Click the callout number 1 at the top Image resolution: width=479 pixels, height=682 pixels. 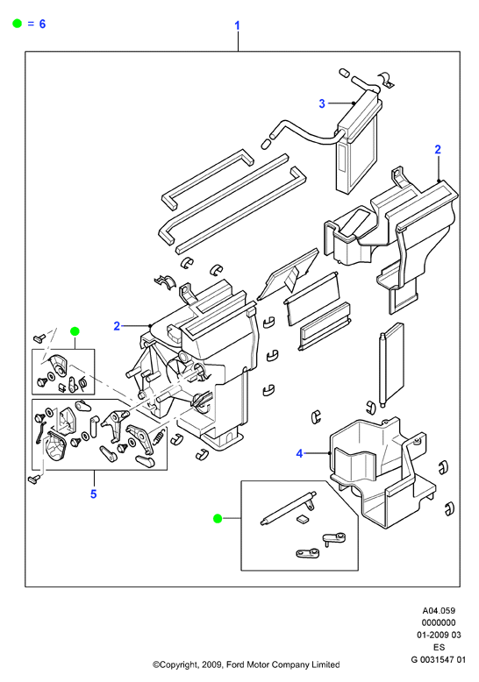point(238,25)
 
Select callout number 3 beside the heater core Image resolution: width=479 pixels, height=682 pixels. point(322,103)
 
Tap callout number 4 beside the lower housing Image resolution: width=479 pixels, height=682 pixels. point(299,454)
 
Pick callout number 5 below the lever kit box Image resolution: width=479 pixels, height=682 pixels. point(93,494)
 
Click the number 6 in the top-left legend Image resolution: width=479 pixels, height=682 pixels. point(42,24)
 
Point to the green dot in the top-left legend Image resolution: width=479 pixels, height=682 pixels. point(17,24)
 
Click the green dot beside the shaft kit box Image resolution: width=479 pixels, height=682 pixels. point(218,518)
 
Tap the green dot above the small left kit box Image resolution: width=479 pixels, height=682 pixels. point(75,331)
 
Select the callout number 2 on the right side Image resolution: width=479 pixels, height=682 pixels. point(438,150)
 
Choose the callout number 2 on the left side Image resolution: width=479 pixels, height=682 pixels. point(117,326)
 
